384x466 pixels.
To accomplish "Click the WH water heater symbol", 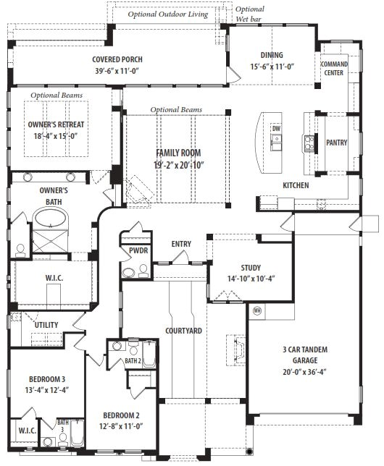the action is point(257,311).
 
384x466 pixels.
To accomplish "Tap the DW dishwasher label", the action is point(276,129).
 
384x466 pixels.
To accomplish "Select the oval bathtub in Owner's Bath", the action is point(50,218).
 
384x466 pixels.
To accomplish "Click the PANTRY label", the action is point(336,143).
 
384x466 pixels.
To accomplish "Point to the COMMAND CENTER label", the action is point(334,68).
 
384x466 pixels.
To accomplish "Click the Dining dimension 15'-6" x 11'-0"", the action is point(272,67).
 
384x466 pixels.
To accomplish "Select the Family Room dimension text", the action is point(179,165).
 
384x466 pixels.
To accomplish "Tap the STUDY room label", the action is point(251,268).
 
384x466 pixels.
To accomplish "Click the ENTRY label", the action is point(181,244).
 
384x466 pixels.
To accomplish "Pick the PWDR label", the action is point(138,250).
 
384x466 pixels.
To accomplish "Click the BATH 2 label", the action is point(133,361).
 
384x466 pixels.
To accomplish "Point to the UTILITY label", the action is point(46,325).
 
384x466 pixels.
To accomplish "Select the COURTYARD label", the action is point(183,331).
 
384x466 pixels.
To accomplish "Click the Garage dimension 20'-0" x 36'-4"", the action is point(304,372).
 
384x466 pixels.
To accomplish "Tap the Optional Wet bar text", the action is point(249,14).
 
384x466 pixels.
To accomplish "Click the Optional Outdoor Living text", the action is point(168,14).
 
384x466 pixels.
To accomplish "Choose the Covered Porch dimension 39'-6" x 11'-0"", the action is point(117,71).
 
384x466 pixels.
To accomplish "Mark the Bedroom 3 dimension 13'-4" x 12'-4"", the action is point(47,389).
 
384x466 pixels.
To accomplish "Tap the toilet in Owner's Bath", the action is point(20,251).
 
